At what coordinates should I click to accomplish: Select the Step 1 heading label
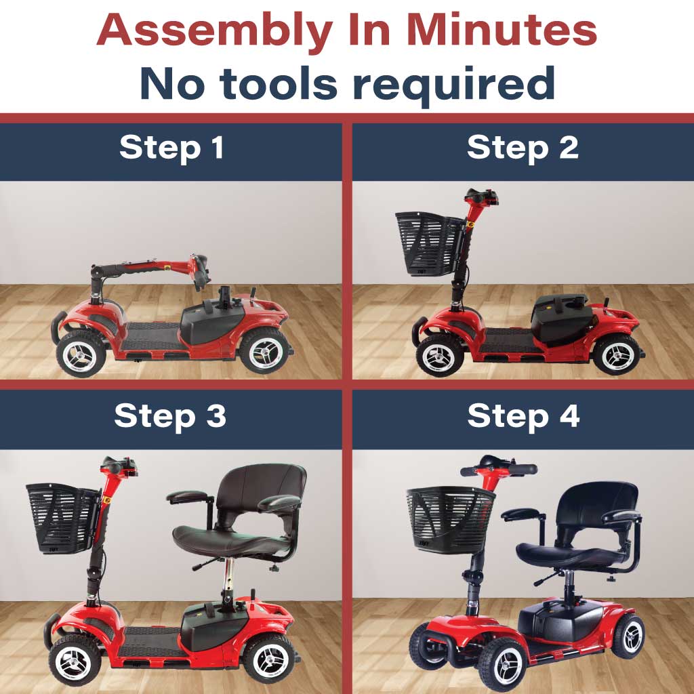coord(171,148)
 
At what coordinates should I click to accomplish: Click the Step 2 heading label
coord(523,148)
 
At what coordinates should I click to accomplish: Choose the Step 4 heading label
coord(523,415)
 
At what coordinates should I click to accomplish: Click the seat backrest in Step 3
coord(261,485)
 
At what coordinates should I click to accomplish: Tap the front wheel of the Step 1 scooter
coord(81,353)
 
